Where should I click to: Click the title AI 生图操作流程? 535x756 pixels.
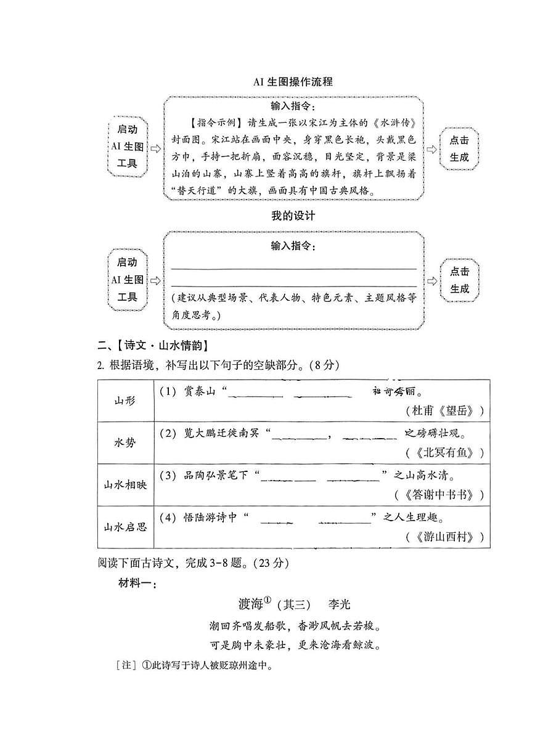pos(293,82)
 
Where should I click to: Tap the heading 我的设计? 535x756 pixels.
pos(293,216)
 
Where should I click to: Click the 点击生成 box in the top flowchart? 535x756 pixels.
pos(459,148)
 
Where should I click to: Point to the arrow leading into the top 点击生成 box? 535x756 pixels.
pos(432,148)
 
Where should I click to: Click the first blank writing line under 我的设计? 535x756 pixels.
pos(293,268)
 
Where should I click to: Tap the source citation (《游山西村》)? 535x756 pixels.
pos(445,537)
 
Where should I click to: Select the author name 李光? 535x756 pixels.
pos(339,604)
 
